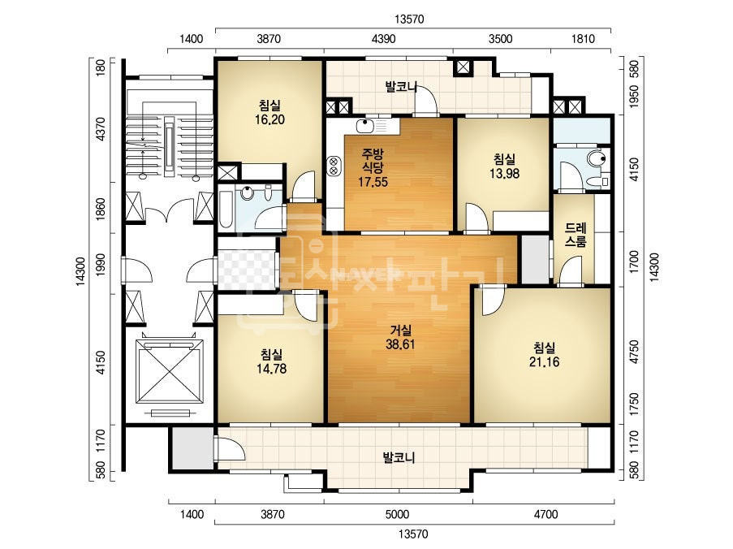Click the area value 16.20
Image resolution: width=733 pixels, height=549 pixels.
(x=269, y=119)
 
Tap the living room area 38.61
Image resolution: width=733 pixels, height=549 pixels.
(x=400, y=344)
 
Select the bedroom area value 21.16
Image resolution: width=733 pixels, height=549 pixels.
(x=544, y=361)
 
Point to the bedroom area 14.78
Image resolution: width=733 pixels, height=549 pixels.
(x=272, y=369)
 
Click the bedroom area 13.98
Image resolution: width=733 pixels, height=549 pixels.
(x=504, y=174)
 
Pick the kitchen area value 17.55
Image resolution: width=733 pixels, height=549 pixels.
(x=373, y=182)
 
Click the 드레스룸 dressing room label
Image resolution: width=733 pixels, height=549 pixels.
(x=576, y=235)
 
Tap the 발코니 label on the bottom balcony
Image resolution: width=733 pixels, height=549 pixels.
(x=399, y=457)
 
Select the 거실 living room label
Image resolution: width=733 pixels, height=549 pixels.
(x=401, y=331)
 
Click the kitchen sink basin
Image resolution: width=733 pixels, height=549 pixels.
(x=364, y=126)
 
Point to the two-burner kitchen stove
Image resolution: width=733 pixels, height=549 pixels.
(x=334, y=166)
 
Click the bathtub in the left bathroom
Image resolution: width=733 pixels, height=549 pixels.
(x=226, y=210)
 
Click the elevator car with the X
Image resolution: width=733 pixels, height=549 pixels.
(x=169, y=371)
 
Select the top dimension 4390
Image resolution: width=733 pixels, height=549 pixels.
(x=383, y=39)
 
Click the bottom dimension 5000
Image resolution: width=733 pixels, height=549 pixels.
(x=398, y=514)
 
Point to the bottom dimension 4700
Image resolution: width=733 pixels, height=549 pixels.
(x=545, y=514)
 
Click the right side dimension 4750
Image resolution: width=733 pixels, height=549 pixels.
(x=634, y=352)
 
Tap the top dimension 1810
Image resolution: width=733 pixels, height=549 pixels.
(x=583, y=39)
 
